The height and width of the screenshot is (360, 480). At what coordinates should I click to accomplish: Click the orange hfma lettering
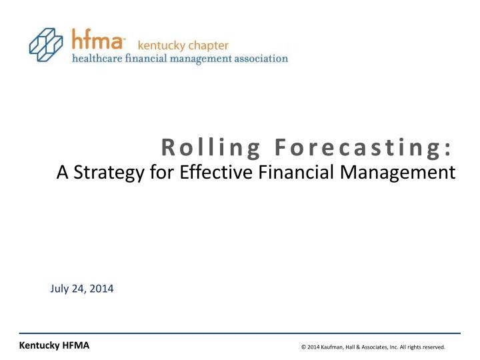(97, 39)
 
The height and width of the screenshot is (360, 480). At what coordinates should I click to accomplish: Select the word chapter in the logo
(207, 46)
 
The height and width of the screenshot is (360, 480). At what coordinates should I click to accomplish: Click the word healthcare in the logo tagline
(97, 59)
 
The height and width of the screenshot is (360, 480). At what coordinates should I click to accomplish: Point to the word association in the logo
(259, 59)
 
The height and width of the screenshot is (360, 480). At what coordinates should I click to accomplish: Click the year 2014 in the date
(101, 289)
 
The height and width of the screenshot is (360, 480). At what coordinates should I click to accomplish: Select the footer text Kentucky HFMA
(54, 345)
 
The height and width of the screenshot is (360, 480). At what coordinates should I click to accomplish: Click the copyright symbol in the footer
(303, 347)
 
